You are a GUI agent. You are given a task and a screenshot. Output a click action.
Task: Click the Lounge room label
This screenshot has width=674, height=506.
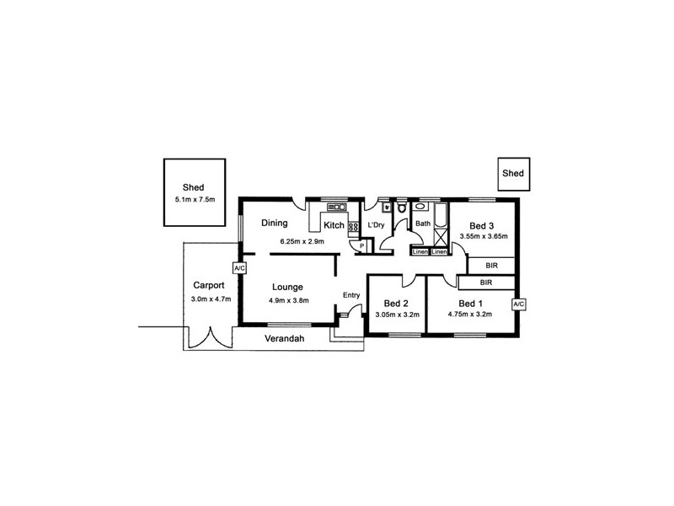[288, 288]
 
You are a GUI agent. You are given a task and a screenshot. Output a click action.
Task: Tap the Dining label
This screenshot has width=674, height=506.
[275, 223]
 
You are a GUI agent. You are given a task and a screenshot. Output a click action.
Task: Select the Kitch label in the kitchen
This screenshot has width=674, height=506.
[334, 225]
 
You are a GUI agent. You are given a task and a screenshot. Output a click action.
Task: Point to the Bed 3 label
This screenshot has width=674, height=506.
[483, 225]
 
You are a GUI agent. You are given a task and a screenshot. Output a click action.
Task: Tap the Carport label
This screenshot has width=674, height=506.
[207, 285]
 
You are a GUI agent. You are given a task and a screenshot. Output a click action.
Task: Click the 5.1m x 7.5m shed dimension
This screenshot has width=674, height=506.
[195, 200]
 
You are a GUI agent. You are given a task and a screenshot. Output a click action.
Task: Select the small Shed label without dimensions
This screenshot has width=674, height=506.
[513, 174]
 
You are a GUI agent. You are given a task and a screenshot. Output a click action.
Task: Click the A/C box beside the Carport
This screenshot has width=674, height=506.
[238, 268]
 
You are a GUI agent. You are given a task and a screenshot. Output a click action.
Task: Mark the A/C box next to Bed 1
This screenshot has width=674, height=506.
[518, 304]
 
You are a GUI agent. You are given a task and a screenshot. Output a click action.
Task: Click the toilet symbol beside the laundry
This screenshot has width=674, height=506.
[402, 207]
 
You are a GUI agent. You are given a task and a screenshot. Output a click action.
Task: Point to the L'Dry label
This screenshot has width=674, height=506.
[377, 225]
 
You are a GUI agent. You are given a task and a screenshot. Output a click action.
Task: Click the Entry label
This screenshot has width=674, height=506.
[351, 294]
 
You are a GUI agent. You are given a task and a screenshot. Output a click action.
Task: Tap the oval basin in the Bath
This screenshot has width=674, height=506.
[420, 206]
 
